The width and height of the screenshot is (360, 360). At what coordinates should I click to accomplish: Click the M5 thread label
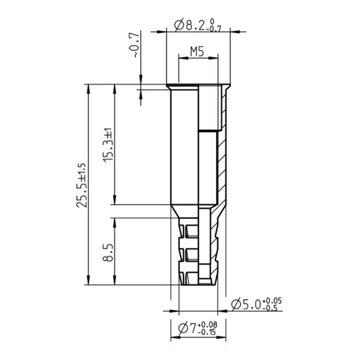coord(196,51)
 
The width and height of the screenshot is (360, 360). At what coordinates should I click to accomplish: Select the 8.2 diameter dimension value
coord(194,26)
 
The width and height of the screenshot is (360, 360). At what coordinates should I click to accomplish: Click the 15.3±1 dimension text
coord(107,145)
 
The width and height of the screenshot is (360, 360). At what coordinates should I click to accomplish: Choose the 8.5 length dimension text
coord(107,253)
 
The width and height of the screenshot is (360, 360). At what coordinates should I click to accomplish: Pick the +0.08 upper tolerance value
coord(209,324)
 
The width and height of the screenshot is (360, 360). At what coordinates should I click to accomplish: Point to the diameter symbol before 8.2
coord(181,26)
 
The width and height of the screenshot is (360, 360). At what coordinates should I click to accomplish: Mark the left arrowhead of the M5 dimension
coord(181,60)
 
